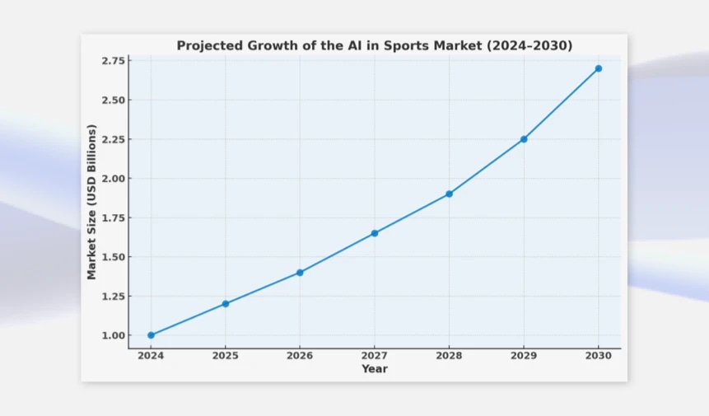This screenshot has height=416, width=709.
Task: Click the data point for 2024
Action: (151, 335)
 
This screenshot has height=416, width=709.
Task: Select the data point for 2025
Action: (226, 304)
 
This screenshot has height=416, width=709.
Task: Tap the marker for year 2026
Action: (300, 273)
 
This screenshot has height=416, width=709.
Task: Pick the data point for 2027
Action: (375, 233)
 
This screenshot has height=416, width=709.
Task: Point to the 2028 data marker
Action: (449, 194)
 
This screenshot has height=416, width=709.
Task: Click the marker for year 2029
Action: (524, 139)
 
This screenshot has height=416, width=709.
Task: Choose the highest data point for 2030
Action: (599, 68)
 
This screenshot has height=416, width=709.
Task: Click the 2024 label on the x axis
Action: (151, 356)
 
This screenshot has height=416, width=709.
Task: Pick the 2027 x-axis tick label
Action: (375, 356)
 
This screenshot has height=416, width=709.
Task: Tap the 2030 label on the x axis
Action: (599, 356)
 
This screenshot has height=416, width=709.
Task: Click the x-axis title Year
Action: (375, 369)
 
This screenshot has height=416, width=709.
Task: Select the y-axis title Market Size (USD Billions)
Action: (92, 202)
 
